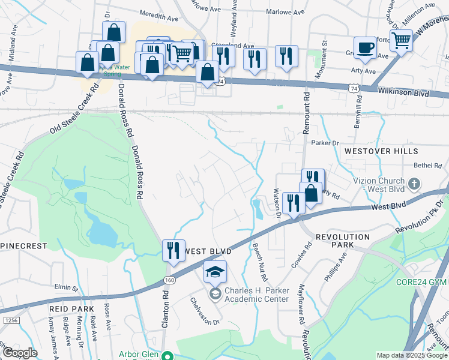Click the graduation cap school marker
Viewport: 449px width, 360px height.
coord(215,272)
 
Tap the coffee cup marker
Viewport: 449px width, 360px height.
coord(365,48)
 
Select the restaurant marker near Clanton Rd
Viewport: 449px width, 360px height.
coord(173,250)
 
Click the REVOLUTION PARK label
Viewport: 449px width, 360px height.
coord(342,237)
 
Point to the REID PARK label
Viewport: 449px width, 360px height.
coord(71,308)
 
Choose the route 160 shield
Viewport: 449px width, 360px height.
coord(169,280)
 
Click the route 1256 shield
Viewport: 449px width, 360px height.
coord(11,321)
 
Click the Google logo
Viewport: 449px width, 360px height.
coord(20,353)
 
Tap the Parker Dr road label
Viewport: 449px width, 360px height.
coord(325,143)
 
